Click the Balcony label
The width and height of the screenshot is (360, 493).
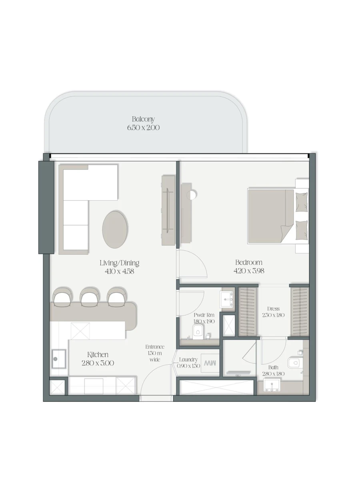point(143,119)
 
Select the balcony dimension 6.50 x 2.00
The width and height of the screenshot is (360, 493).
point(143,128)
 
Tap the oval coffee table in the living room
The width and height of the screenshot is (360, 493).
point(115,230)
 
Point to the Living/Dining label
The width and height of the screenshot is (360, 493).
point(119,263)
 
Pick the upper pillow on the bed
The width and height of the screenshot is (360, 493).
point(301,202)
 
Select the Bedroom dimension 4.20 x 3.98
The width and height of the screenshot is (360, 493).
point(249,271)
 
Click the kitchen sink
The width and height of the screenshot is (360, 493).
point(59,359)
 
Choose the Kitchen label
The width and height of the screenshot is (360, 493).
point(98,355)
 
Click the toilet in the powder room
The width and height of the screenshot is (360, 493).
point(198,331)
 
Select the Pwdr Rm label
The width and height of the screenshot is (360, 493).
point(204,315)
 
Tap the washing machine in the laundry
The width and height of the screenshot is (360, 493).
point(210,363)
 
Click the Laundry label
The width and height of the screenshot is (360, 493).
point(188,359)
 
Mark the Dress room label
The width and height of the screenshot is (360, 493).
point(273,309)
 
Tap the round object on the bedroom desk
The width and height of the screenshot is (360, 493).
point(193,195)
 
